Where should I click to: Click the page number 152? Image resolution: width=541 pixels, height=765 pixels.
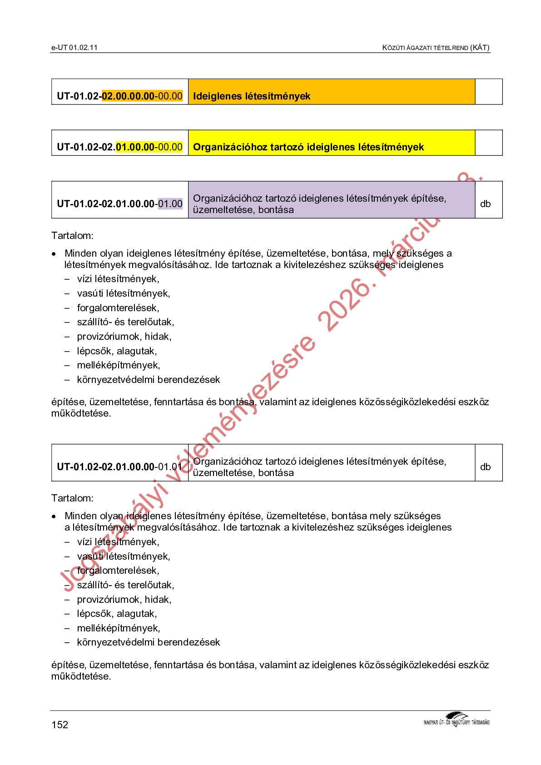pyautogui.click(x=60, y=725)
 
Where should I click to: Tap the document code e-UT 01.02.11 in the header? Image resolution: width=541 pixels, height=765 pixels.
pyautogui.click(x=74, y=47)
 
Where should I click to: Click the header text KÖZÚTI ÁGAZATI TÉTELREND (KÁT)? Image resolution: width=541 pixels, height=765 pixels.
pyautogui.click(x=436, y=47)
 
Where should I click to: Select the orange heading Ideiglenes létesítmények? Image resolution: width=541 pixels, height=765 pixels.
pyautogui.click(x=252, y=96)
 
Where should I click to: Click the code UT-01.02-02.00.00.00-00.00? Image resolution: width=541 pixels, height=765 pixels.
pyautogui.click(x=119, y=96)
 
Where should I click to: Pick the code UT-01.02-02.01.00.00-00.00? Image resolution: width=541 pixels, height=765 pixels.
pyautogui.click(x=119, y=147)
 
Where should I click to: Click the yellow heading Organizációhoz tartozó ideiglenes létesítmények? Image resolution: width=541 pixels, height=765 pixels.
pyautogui.click(x=308, y=147)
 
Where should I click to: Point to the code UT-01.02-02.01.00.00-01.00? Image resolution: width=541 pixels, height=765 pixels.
pyautogui.click(x=119, y=204)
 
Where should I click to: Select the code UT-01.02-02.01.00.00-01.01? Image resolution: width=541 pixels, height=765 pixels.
pyautogui.click(x=119, y=467)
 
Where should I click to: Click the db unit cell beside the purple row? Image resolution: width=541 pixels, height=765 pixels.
pyautogui.click(x=485, y=204)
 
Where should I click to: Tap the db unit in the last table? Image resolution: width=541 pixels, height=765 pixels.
pyautogui.click(x=485, y=467)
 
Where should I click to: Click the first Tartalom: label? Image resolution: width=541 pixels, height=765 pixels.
pyautogui.click(x=72, y=235)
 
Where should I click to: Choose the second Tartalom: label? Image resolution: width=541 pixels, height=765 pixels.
pyautogui.click(x=72, y=498)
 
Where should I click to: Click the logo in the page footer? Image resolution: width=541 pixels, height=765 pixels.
pyautogui.click(x=457, y=720)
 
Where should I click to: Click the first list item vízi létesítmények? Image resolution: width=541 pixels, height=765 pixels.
pyautogui.click(x=118, y=278)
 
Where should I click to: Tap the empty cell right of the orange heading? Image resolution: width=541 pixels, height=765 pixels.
pyautogui.click(x=489, y=92)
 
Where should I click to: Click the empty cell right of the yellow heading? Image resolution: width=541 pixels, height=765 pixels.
pyautogui.click(x=489, y=143)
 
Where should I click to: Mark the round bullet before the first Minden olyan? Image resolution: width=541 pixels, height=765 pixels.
pyautogui.click(x=54, y=253)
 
